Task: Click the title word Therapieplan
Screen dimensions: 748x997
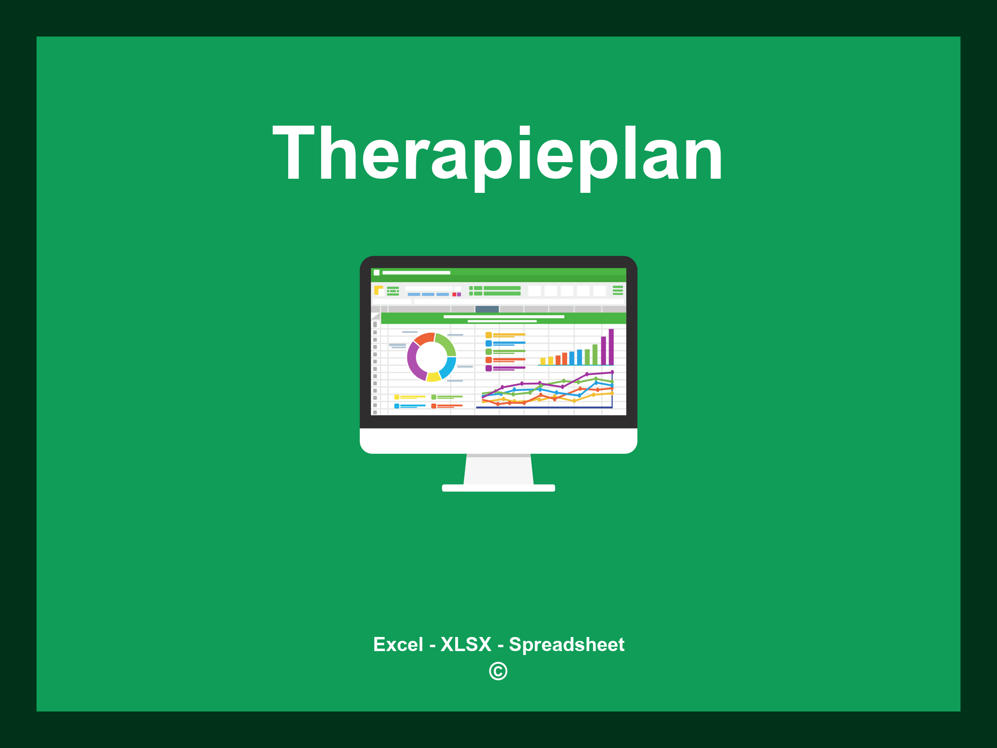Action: click(x=498, y=153)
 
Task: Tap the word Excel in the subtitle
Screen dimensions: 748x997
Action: click(x=398, y=645)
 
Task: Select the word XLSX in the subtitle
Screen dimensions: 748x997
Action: click(x=466, y=645)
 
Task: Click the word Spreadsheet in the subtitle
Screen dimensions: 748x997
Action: click(x=566, y=645)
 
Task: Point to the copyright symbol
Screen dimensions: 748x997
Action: click(x=498, y=672)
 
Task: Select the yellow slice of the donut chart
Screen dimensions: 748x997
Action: click(x=433, y=376)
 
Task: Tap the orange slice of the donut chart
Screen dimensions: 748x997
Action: click(x=424, y=338)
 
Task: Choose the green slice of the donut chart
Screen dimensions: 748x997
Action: click(x=446, y=343)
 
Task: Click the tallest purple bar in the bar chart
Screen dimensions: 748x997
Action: click(x=611, y=347)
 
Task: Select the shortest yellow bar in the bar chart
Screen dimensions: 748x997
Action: click(x=543, y=361)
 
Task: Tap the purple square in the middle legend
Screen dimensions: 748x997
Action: click(x=488, y=368)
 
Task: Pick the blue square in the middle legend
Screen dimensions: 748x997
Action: click(x=488, y=343)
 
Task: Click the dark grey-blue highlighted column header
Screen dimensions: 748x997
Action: click(x=487, y=309)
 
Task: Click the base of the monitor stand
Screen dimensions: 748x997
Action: click(x=498, y=488)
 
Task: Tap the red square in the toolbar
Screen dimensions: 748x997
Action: click(x=454, y=295)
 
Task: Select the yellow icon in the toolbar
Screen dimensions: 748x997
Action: click(x=378, y=290)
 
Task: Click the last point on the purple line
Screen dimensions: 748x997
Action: click(x=612, y=373)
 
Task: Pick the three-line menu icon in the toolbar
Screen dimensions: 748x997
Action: click(x=618, y=290)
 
